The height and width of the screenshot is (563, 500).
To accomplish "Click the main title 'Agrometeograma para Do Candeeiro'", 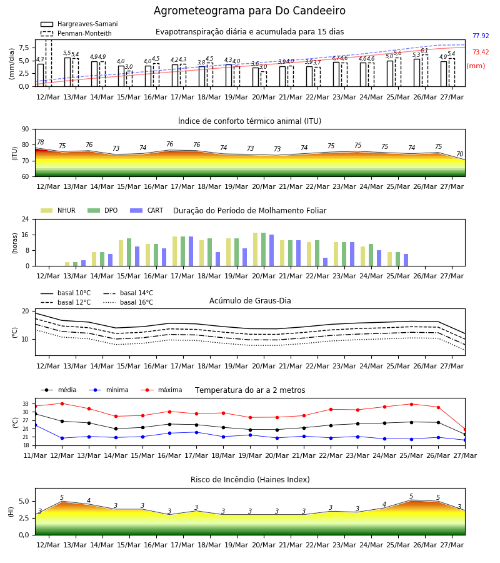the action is click(249, 11).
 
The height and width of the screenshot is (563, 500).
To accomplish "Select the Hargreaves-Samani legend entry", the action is click(79, 24).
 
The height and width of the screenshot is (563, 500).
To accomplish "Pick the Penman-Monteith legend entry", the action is click(76, 33).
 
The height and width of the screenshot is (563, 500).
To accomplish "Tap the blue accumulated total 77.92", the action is click(481, 36).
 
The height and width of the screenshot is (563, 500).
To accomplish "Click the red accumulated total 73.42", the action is click(481, 52).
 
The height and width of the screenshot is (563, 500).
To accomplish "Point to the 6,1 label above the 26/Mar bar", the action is click(424, 51).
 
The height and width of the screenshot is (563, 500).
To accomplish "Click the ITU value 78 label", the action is click(41, 142).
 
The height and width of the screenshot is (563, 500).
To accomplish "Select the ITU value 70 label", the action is click(459, 154).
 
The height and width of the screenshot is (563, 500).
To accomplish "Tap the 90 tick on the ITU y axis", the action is click(26, 129).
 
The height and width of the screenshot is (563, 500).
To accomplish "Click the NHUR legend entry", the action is click(58, 210).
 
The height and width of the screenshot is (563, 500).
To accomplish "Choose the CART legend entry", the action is click(147, 210).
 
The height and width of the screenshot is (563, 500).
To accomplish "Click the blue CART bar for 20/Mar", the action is click(271, 250).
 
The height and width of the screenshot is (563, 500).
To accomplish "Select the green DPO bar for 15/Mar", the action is click(129, 253).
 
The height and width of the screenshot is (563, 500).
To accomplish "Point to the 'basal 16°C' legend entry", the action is click(128, 302).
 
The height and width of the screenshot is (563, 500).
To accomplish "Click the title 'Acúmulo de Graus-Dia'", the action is click(250, 300).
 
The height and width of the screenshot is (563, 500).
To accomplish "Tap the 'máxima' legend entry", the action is click(161, 390).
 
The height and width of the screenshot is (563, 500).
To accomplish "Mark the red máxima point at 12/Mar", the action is click(62, 403).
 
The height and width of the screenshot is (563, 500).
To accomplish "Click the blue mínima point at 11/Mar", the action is click(36, 425).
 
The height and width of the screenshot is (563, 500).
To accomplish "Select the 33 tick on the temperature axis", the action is click(26, 404).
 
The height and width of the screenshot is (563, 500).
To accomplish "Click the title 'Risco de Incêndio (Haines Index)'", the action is click(250, 480).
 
